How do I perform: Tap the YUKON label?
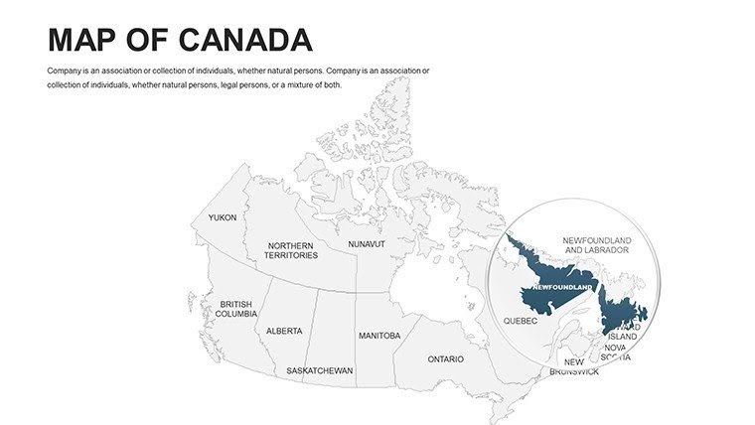(x=223, y=217)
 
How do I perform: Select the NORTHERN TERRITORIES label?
(x=291, y=250)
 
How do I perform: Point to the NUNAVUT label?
(x=366, y=243)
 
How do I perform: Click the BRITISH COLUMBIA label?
(x=236, y=309)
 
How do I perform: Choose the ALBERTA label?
(x=284, y=331)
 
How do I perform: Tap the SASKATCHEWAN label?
(x=320, y=370)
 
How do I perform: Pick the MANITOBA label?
(x=379, y=336)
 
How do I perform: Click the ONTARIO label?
(x=445, y=358)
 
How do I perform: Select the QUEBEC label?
(x=521, y=321)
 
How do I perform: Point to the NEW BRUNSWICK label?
(x=574, y=366)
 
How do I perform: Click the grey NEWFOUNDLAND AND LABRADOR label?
(x=596, y=245)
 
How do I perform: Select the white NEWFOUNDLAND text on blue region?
(x=562, y=287)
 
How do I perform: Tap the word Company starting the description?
(x=66, y=71)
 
